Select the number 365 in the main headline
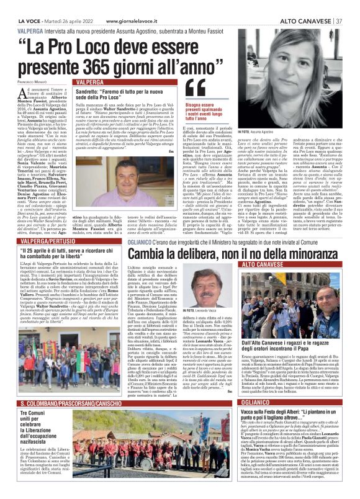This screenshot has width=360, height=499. click(109, 63)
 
